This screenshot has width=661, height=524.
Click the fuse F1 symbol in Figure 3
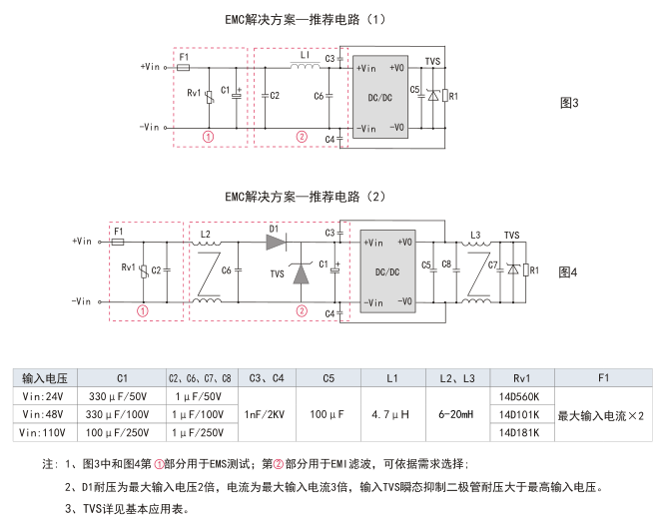pyautogui.click(x=183, y=68)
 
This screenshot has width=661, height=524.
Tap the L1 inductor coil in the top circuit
pyautogui.click(x=305, y=66)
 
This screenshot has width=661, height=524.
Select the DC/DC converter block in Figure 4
pyautogui.click(x=387, y=271)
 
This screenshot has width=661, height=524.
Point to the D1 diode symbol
pyautogui.click(x=277, y=242)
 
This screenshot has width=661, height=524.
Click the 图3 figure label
pyautogui.click(x=569, y=103)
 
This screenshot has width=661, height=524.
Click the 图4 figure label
pyautogui.click(x=568, y=272)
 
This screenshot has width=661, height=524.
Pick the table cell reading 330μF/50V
pyautogui.click(x=118, y=396)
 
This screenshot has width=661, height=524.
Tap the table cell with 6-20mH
pyautogui.click(x=455, y=414)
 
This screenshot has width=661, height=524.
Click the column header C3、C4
pyautogui.click(x=267, y=378)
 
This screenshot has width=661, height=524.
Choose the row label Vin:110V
pyautogui.click(x=42, y=432)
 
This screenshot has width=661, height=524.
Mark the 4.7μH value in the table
pyautogui.click(x=390, y=414)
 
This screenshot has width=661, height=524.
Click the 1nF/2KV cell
pyautogui.click(x=265, y=414)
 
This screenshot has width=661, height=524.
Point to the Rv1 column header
pyautogui.click(x=521, y=378)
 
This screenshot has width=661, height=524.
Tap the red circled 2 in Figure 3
pyautogui.click(x=302, y=137)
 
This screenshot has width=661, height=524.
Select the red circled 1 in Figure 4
pyautogui.click(x=143, y=310)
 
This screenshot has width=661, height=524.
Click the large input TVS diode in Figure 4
pyautogui.click(x=301, y=272)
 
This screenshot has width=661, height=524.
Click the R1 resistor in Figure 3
pyautogui.click(x=444, y=96)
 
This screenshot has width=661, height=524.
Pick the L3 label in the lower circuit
pyautogui.click(x=475, y=235)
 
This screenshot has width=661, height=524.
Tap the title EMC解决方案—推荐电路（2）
pyautogui.click(x=306, y=197)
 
